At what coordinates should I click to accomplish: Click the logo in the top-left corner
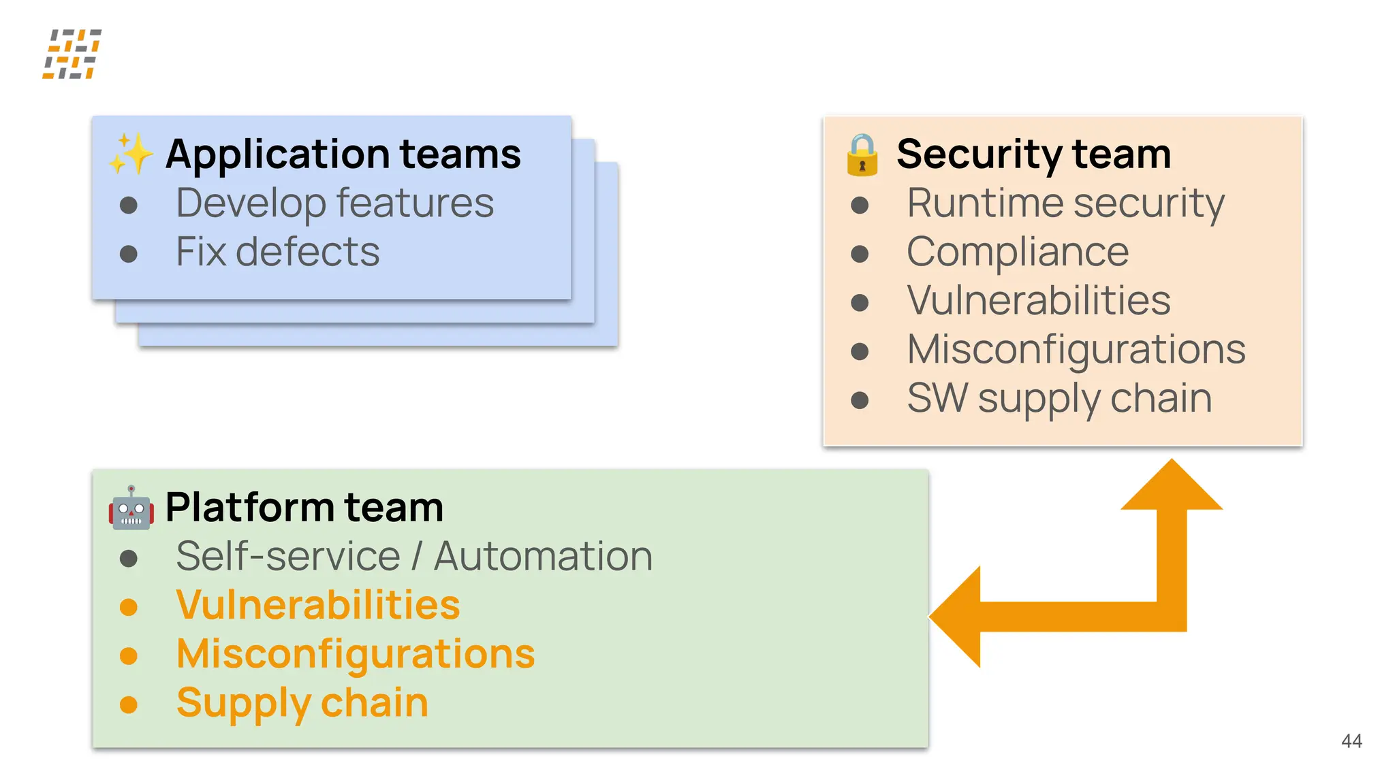pyautogui.click(x=72, y=54)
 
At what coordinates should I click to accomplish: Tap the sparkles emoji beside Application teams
pyautogui.click(x=131, y=153)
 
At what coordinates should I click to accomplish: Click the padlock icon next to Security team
pyautogui.click(x=862, y=155)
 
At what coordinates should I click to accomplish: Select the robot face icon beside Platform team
pyautogui.click(x=131, y=508)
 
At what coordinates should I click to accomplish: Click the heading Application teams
pyautogui.click(x=343, y=154)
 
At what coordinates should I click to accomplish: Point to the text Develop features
pyautogui.click(x=334, y=203)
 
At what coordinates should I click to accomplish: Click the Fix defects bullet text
pyautogui.click(x=277, y=252)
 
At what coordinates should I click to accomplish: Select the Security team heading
pyautogui.click(x=1033, y=154)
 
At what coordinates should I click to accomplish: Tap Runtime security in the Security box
pyautogui.click(x=1065, y=203)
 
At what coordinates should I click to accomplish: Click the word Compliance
pyautogui.click(x=1018, y=252)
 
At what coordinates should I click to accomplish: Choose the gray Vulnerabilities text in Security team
pyautogui.click(x=1038, y=300)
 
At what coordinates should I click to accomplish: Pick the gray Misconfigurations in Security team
pyautogui.click(x=1076, y=349)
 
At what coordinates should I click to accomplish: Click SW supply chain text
pyautogui.click(x=1059, y=398)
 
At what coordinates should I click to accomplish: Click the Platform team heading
pyautogui.click(x=304, y=507)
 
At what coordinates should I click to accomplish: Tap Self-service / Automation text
pyautogui.click(x=414, y=556)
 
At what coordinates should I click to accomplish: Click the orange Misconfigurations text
pyautogui.click(x=356, y=653)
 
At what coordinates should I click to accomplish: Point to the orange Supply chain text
pyautogui.click(x=302, y=702)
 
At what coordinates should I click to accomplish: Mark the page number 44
pyautogui.click(x=1351, y=740)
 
